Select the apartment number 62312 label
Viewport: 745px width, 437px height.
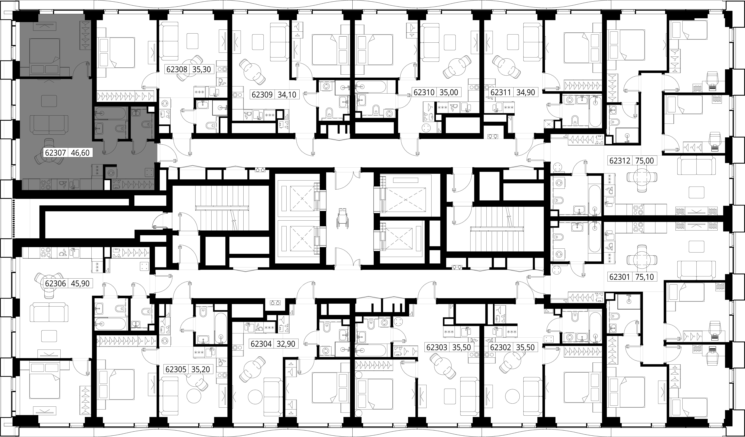point(620,161)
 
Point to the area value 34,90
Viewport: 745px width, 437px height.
point(526,92)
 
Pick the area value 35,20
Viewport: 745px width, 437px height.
point(201,369)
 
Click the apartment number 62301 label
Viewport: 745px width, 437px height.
point(620,277)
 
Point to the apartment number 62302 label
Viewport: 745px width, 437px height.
point(500,347)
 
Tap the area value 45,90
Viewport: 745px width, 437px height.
point(80,283)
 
